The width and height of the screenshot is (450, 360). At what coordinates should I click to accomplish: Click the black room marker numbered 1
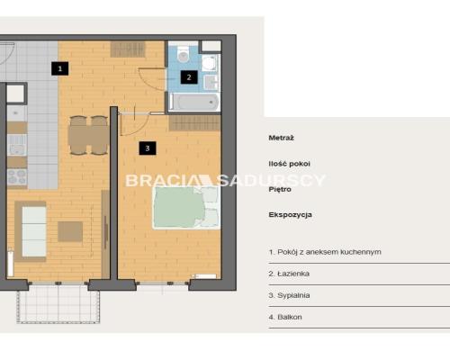(60, 68)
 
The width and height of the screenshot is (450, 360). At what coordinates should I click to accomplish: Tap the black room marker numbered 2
(189, 77)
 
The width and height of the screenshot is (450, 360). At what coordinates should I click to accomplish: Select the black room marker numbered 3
(148, 148)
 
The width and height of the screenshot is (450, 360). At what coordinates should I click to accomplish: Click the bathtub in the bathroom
(194, 102)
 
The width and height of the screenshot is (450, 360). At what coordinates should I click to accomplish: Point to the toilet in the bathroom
(183, 54)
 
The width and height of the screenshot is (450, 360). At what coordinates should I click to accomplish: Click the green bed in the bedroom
(186, 208)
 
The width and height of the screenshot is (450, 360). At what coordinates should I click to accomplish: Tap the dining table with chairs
(88, 135)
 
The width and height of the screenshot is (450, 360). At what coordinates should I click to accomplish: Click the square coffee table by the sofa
(70, 231)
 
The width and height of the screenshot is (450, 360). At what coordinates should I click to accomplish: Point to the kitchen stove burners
(17, 177)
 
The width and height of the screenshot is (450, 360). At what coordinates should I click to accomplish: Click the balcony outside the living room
(58, 303)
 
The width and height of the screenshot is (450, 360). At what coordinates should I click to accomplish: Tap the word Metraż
(281, 138)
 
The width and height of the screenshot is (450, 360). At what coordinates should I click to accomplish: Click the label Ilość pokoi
(290, 164)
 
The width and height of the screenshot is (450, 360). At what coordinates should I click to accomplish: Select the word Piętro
(280, 190)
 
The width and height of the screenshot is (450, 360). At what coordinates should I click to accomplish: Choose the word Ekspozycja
(291, 215)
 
